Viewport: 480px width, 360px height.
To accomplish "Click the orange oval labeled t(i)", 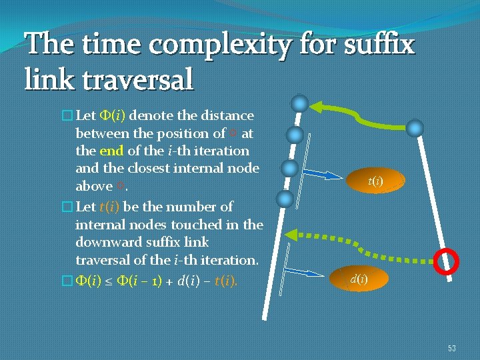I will point(375,180).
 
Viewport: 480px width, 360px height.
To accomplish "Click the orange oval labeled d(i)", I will point(358,279).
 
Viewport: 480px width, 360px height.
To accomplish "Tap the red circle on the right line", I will point(446,261).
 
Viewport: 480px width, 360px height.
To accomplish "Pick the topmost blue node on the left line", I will point(301,103).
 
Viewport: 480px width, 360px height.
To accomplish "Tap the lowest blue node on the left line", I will point(285,199).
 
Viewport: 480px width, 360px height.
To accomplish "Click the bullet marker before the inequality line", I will point(65,282).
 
